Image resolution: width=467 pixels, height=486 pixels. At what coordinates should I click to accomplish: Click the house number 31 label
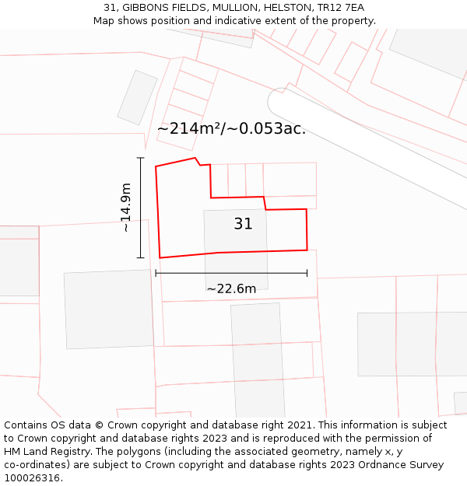click(243, 224)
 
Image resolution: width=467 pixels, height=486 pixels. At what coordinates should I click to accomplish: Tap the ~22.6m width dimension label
click(231, 288)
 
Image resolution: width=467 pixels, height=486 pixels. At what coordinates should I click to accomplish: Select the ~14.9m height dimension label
click(126, 208)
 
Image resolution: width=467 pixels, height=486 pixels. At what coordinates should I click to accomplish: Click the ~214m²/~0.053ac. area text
click(231, 129)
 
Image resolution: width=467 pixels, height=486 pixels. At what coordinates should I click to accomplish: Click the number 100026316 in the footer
click(32, 478)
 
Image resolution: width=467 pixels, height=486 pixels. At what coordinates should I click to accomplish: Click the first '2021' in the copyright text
click(299, 425)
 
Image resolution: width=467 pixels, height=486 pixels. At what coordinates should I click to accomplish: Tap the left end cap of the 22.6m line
click(156, 273)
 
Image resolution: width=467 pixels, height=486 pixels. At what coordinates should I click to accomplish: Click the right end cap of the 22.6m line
click(307, 273)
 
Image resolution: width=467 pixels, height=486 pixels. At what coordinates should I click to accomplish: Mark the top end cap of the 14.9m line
click(141, 158)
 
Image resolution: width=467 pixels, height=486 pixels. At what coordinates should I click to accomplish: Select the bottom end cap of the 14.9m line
click(141, 257)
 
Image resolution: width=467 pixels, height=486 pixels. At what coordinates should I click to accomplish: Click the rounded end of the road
click(277, 100)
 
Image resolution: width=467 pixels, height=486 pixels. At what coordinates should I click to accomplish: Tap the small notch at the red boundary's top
click(198, 162)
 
